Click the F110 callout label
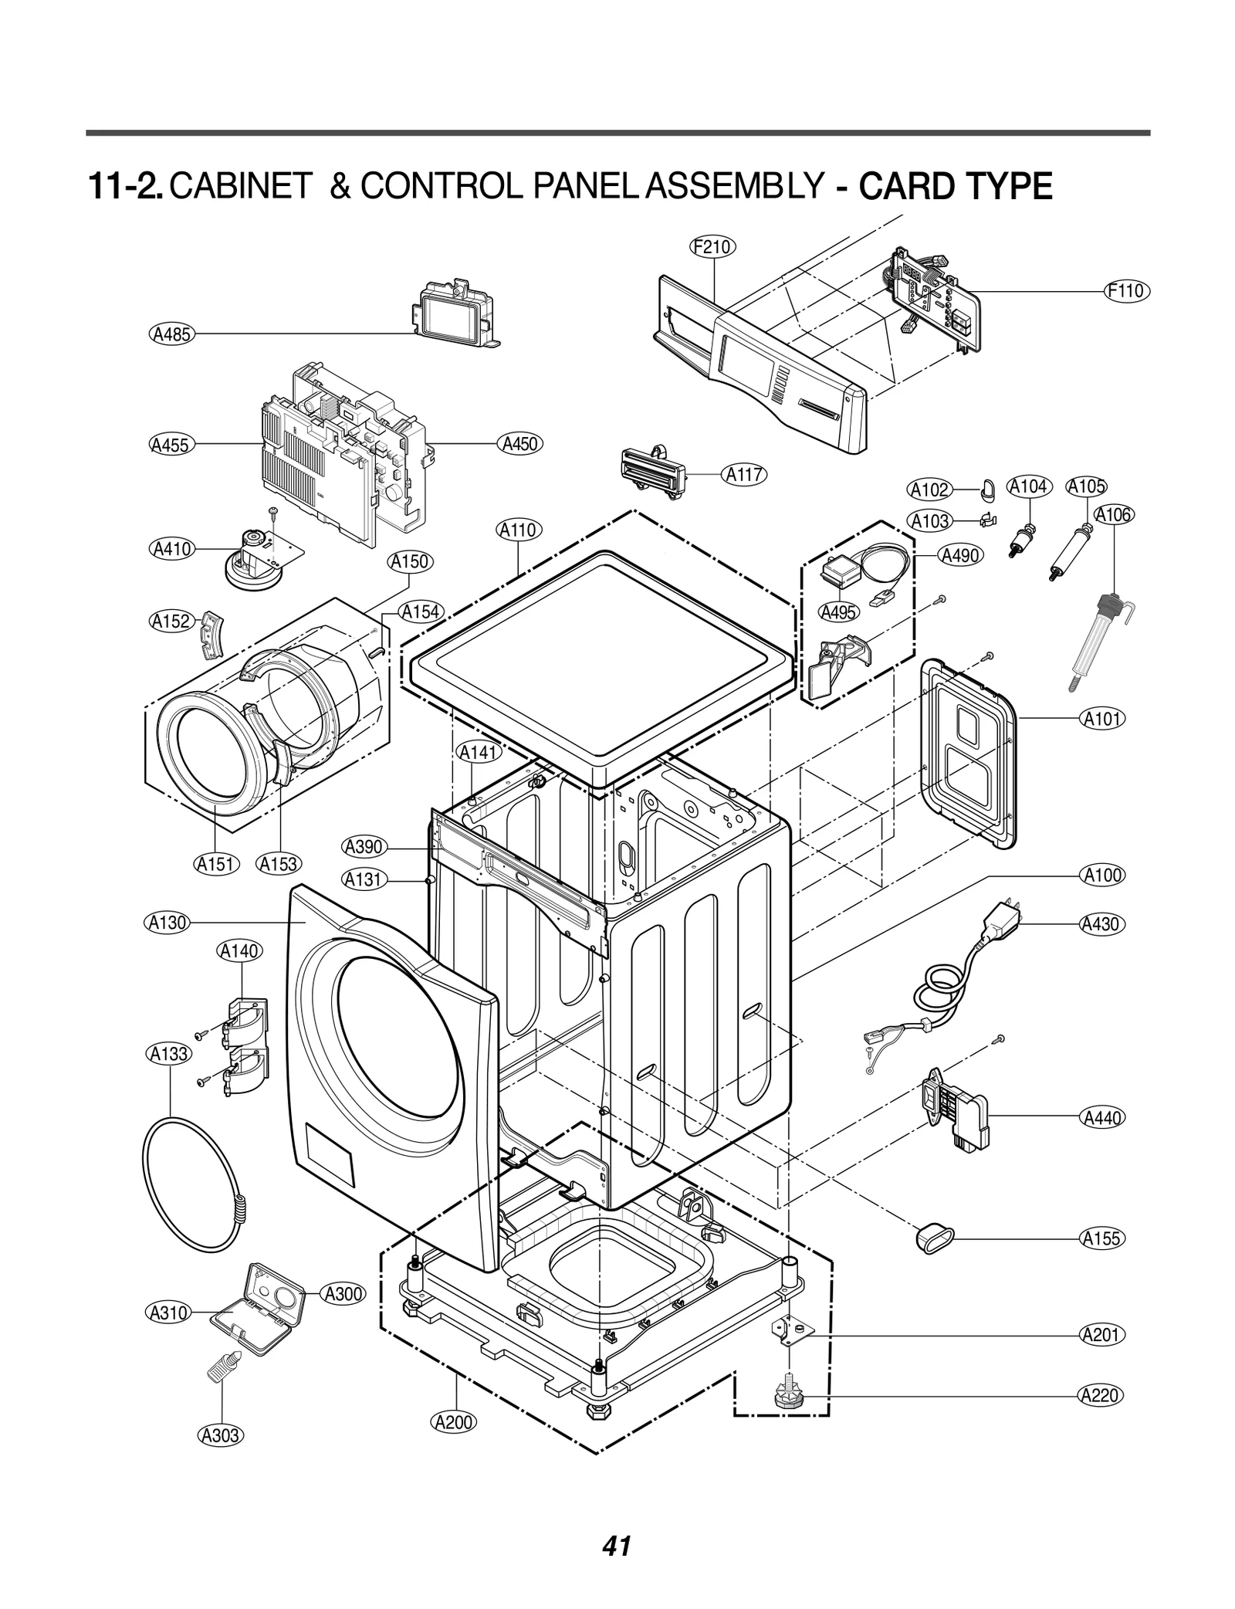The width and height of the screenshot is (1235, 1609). point(1125,291)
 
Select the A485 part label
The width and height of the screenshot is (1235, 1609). point(171,334)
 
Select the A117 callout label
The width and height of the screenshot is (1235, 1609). point(745,475)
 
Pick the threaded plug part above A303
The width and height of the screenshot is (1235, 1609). point(224,1366)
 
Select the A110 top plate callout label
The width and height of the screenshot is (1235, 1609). point(518,530)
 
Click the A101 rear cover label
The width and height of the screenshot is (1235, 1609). point(1101,719)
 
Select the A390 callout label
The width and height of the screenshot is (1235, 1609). point(364,847)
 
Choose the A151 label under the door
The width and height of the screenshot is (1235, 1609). point(215,864)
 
